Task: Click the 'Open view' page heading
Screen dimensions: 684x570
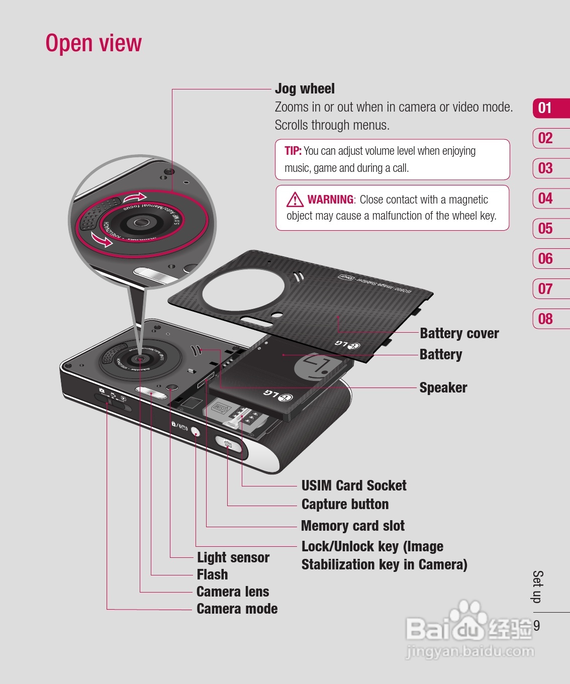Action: pos(93,43)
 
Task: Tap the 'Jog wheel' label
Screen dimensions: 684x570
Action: pos(305,89)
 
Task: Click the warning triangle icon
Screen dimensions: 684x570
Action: pos(295,200)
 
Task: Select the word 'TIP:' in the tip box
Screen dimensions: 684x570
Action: pos(293,151)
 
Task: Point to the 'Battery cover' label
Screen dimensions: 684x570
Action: pos(459,334)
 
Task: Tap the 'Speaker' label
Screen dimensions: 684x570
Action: pos(443,388)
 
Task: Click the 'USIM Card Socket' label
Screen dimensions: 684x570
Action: pos(354,486)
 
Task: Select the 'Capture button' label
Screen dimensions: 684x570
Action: pos(345,505)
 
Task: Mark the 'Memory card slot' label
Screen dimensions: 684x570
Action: pos(353,526)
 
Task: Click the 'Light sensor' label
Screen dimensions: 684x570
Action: pos(233,558)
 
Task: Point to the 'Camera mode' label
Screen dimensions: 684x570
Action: pos(237,609)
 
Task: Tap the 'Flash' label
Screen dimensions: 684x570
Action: pos(212,574)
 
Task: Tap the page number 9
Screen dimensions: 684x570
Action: pos(537,626)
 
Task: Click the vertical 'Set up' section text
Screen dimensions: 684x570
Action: pos(537,587)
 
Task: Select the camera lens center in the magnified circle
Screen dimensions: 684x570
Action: pos(141,222)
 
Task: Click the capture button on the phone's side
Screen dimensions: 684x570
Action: pos(228,444)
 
